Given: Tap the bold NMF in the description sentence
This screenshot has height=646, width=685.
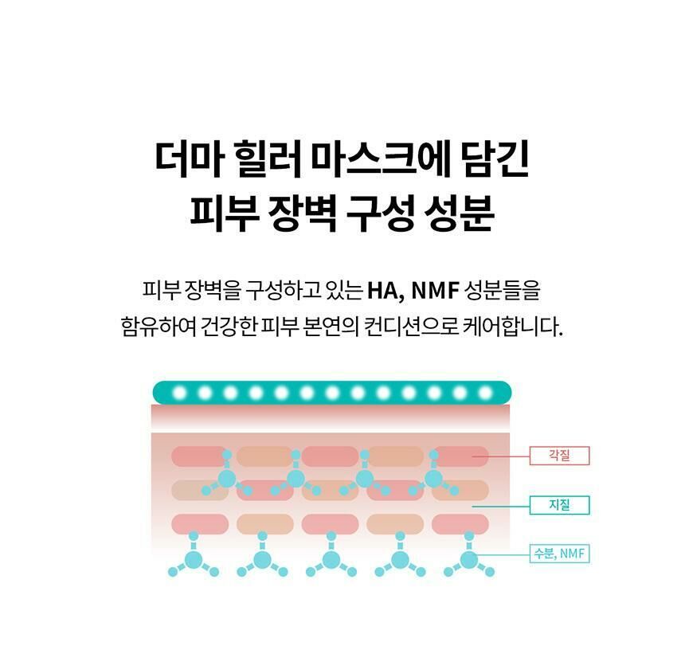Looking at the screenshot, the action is pyautogui.click(x=440, y=290).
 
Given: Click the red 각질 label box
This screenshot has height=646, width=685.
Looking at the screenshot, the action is pyautogui.click(x=560, y=456).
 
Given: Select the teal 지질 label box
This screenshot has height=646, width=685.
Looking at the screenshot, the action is pyautogui.click(x=560, y=505).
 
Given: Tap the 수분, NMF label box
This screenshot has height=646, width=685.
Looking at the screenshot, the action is pyautogui.click(x=560, y=554).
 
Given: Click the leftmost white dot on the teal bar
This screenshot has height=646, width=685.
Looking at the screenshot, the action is pyautogui.click(x=179, y=393).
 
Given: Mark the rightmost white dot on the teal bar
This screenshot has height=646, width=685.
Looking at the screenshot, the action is pyautogui.click(x=485, y=393).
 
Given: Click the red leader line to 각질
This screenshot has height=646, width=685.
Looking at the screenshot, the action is pyautogui.click(x=502, y=456).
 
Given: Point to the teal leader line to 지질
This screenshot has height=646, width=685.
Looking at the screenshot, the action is pyautogui.click(x=502, y=505).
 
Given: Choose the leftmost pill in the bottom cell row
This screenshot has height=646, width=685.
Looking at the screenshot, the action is pyautogui.click(x=199, y=523).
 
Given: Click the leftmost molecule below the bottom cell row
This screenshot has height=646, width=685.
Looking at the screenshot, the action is pyautogui.click(x=193, y=559).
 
